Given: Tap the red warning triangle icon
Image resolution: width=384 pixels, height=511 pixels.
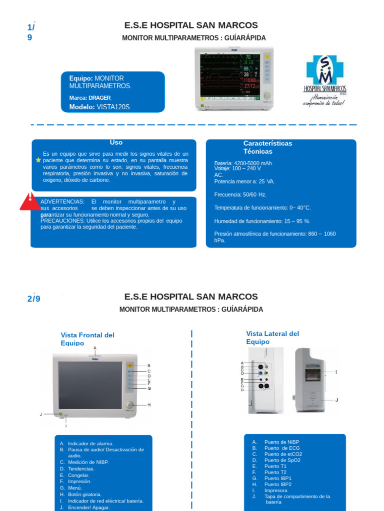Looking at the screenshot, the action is (x=30, y=201).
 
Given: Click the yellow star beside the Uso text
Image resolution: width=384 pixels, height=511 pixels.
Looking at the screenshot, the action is (x=38, y=160).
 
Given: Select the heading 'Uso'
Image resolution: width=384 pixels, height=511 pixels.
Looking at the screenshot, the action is (x=116, y=143).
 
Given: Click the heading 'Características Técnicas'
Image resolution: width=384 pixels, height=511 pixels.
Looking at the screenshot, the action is (x=267, y=147).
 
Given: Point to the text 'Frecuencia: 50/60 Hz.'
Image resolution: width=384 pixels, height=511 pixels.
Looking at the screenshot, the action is (x=240, y=194).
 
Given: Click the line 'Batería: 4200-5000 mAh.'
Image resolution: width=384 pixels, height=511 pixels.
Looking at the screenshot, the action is (x=243, y=163).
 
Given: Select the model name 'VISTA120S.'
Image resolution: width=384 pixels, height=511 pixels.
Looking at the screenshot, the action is (x=114, y=107).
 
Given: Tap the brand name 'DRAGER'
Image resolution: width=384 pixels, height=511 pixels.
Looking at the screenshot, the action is (x=99, y=98).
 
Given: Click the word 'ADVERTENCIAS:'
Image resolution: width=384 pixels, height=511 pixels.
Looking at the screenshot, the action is (x=62, y=201).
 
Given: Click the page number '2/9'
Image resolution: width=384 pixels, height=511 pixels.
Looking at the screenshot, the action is (x=33, y=299).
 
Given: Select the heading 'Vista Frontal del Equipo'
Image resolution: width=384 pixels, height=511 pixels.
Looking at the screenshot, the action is (x=87, y=339).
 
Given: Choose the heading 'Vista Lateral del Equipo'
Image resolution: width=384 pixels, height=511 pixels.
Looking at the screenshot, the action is (x=272, y=337).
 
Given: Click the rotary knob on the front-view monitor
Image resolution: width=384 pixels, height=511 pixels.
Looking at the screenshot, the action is (x=130, y=405).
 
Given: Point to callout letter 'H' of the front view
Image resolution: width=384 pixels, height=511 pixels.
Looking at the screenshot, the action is (x=149, y=405).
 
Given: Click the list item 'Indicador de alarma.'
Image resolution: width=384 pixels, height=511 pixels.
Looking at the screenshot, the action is (x=90, y=443).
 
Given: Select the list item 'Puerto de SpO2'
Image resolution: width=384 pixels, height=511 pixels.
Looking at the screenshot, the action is (x=283, y=460).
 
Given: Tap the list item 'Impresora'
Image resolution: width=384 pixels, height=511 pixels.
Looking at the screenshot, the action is (x=275, y=491).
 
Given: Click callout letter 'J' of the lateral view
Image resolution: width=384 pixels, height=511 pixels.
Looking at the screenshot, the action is (x=336, y=400).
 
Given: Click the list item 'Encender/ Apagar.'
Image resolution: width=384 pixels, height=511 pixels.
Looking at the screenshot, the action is (x=88, y=507).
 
